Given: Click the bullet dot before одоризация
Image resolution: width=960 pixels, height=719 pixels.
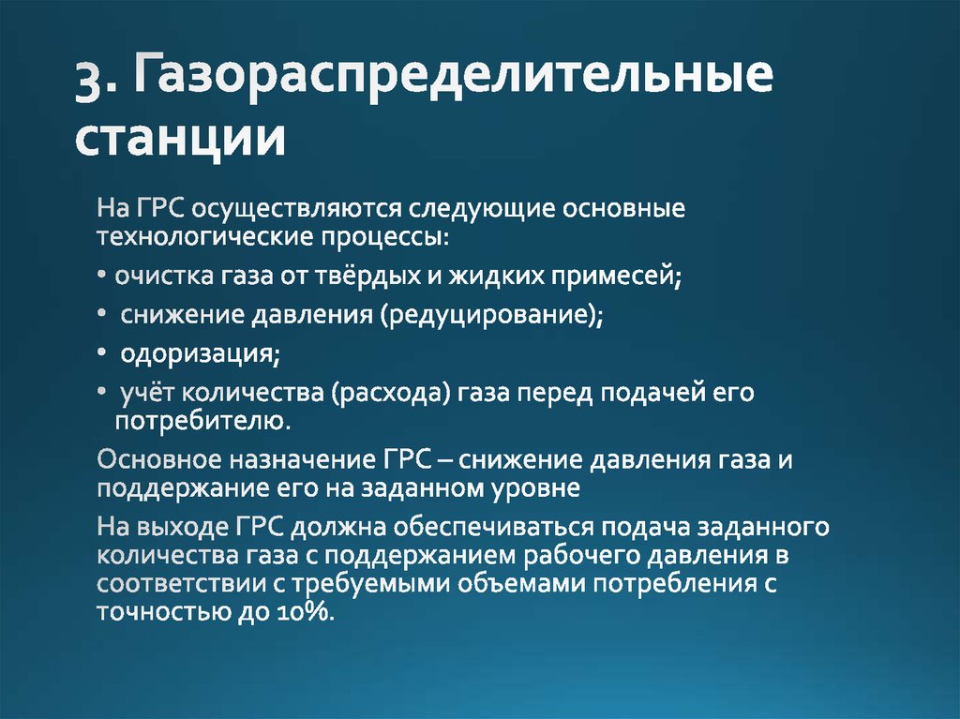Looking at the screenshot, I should (101, 355).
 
